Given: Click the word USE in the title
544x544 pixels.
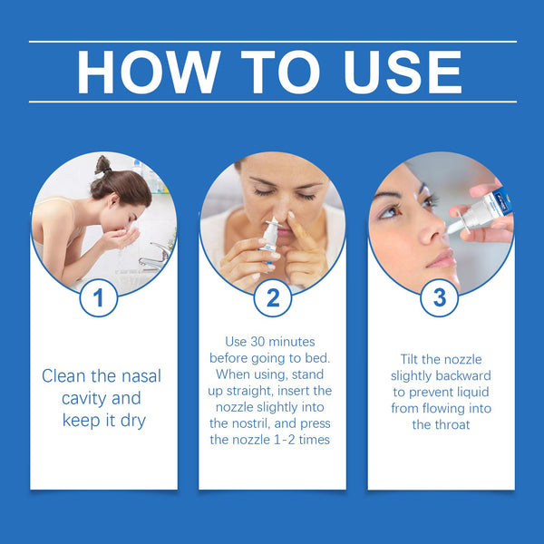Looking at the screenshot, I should click(403, 72).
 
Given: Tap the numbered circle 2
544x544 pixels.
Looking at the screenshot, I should click(272, 296).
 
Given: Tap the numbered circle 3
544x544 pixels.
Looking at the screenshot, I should click(440, 296).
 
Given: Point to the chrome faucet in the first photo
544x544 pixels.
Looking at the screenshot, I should click(154, 257).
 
